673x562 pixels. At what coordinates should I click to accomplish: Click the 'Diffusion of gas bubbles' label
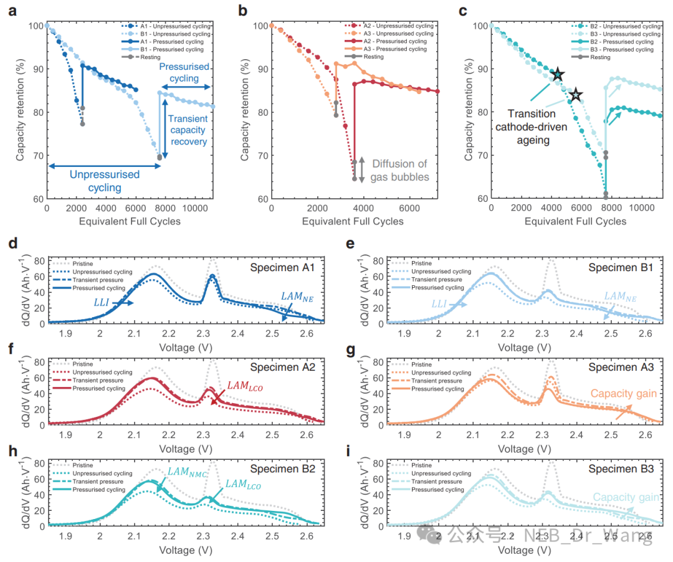pyautogui.click(x=400, y=170)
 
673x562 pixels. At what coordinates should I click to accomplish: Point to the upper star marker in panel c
pyautogui.click(x=558, y=75)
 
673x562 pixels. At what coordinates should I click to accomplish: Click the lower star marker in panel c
pyautogui.click(x=576, y=95)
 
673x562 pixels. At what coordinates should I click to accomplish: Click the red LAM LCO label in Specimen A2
pyautogui.click(x=245, y=387)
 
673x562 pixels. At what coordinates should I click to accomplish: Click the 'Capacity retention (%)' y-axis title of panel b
pyautogui.click(x=245, y=110)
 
